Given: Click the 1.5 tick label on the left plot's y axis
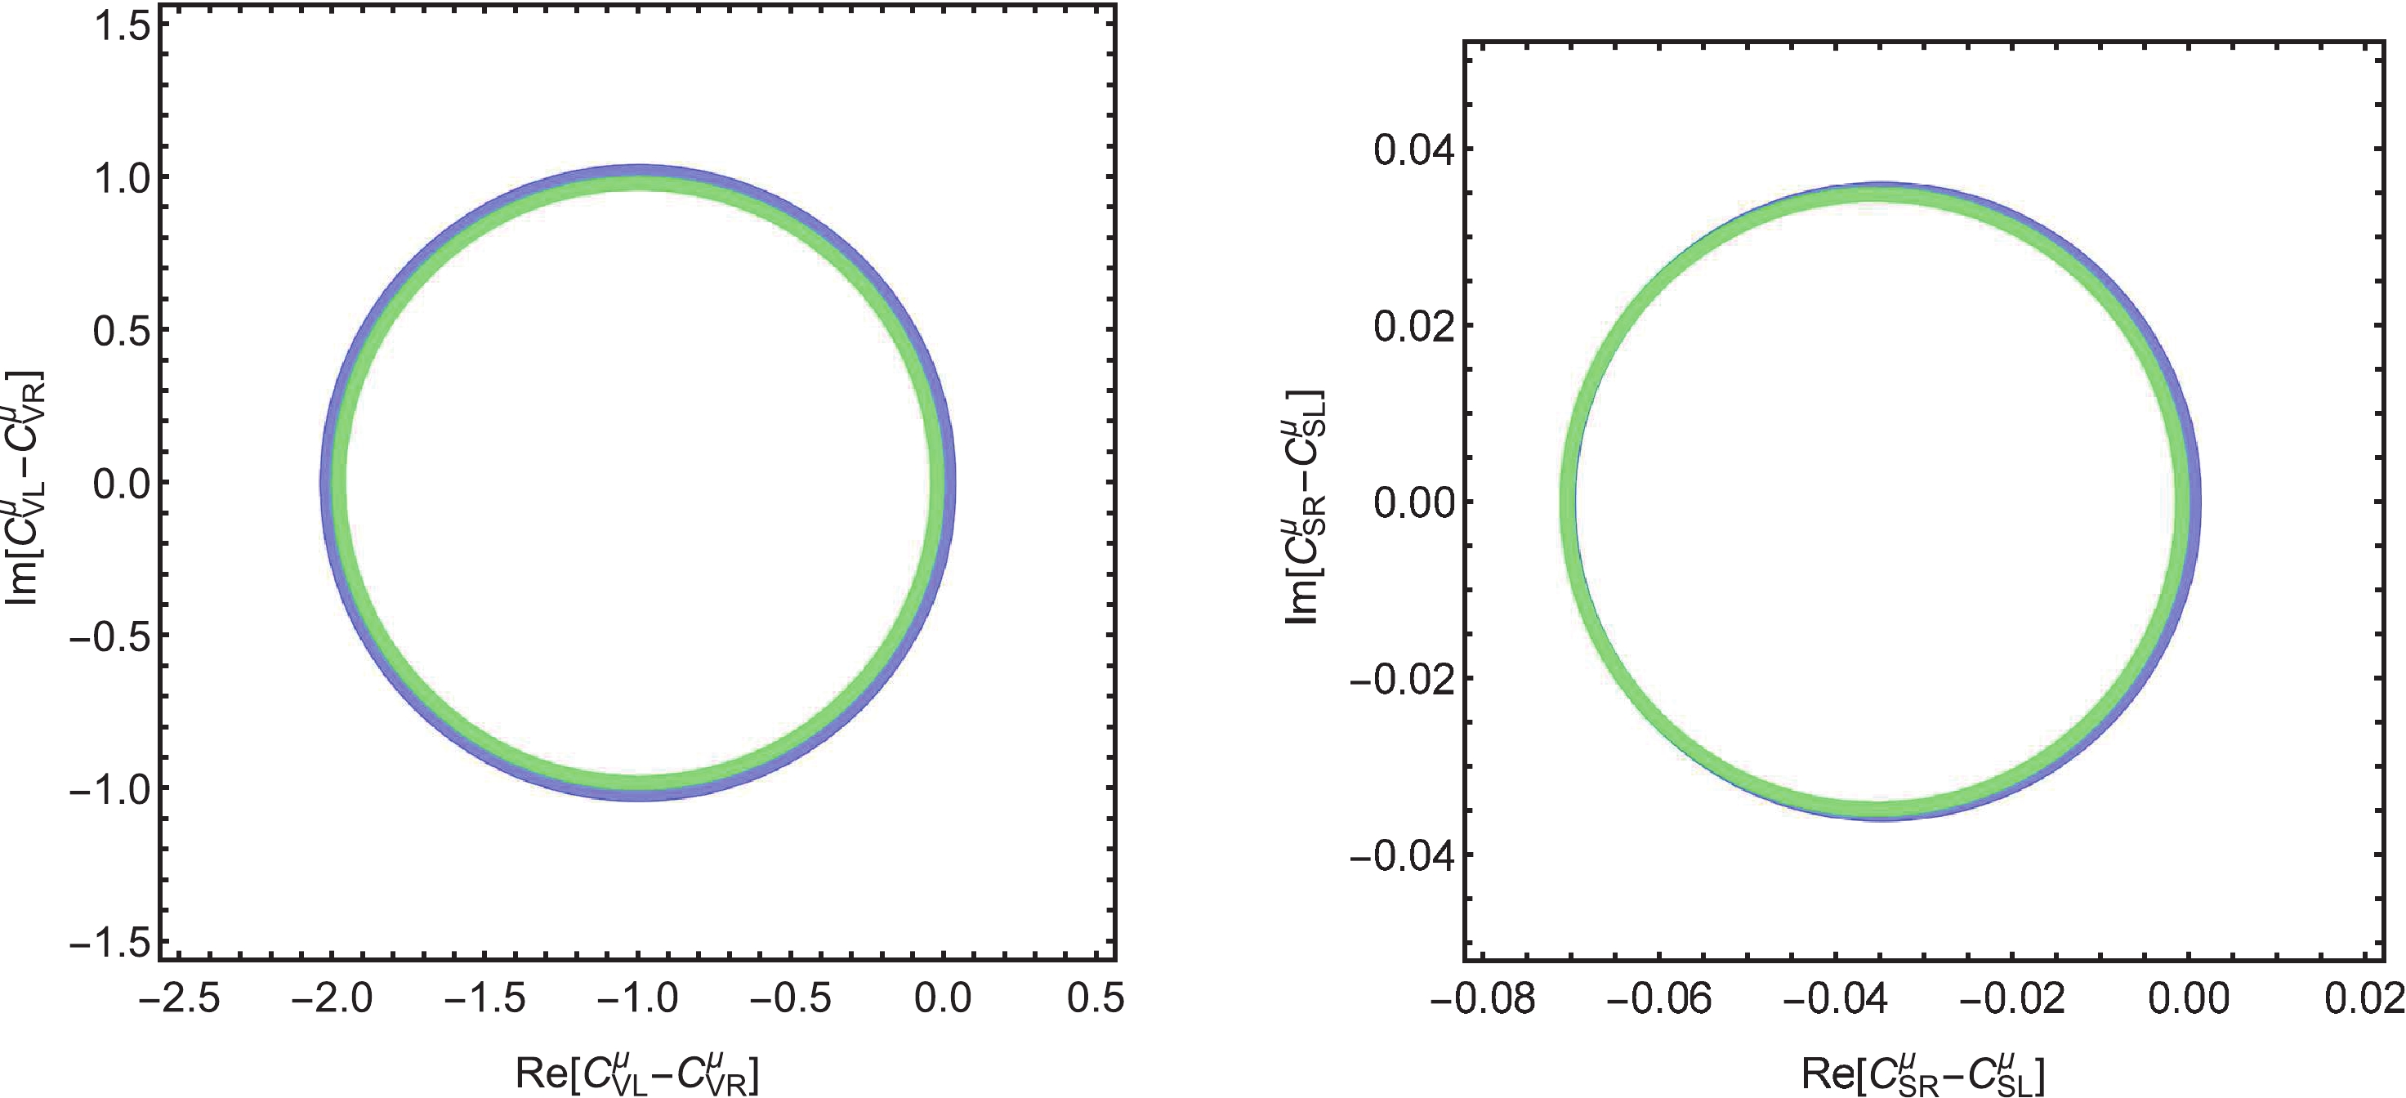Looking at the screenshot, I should pyautogui.click(x=122, y=26).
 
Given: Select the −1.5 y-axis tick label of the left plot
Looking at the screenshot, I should pyautogui.click(x=109, y=942).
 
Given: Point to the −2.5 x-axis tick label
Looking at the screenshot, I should pyautogui.click(x=178, y=999).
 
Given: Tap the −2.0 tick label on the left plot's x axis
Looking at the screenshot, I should pyautogui.click(x=332, y=999).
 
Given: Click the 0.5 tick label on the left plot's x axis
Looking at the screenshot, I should pyautogui.click(x=1096, y=999).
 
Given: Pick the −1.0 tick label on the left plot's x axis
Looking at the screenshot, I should pyautogui.click(x=638, y=999).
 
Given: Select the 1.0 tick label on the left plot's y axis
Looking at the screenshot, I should pyautogui.click(x=122, y=178).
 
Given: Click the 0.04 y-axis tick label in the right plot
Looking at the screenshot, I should pyautogui.click(x=1413, y=150).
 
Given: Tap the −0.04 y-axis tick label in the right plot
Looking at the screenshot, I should pyautogui.click(x=1401, y=855).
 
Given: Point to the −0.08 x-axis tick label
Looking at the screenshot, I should pyautogui.click(x=1482, y=999).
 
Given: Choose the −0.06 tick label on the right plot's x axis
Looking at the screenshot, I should pyautogui.click(x=1658, y=999).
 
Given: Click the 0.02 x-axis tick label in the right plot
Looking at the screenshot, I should pyautogui.click(x=2363, y=999).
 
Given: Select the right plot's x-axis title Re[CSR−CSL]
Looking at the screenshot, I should pyautogui.click(x=1923, y=1073).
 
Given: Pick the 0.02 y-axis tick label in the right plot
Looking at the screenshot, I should pyautogui.click(x=1413, y=326).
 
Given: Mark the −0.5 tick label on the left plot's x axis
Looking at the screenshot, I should pyautogui.click(x=790, y=999).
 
